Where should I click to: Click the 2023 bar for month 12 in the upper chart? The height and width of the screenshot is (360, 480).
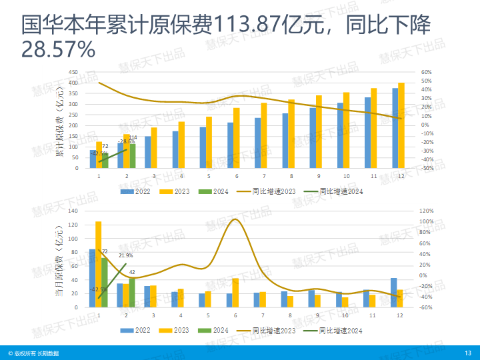401,125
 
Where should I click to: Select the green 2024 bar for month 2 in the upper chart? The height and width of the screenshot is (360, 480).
132,155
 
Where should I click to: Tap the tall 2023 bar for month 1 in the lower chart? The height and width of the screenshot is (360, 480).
99,264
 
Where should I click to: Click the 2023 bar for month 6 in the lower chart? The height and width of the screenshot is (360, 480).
235,293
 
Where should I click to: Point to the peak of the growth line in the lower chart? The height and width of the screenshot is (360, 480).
235,219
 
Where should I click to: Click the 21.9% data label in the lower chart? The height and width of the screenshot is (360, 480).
126,255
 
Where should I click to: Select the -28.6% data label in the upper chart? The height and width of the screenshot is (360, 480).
126,141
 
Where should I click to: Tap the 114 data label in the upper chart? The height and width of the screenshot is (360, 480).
133,137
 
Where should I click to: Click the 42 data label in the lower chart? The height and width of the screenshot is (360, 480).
132,272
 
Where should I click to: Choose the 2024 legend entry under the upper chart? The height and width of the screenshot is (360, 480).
217,191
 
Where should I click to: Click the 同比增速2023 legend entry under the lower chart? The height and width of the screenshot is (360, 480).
272,330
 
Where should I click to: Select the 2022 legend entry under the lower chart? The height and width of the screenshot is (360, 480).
137,330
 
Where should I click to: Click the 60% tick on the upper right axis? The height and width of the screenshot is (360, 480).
427,72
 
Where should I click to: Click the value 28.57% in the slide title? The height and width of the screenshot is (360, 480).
59,49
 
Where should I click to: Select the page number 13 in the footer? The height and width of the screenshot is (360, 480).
467,353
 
